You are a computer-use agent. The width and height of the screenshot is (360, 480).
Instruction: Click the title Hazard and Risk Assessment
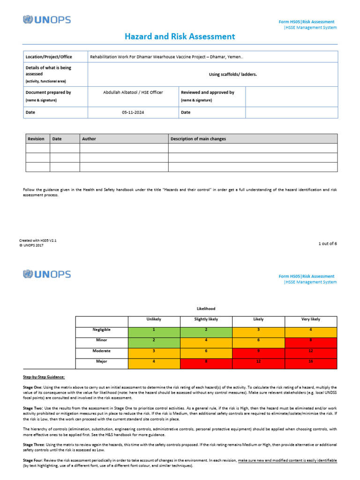coord(180,37)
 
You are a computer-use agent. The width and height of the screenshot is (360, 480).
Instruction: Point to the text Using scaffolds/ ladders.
coord(233,75)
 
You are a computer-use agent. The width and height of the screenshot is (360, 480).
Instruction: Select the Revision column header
coord(36,139)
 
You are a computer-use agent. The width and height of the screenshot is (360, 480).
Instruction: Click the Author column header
coord(89,139)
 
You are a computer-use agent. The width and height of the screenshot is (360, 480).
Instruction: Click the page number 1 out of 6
coord(327,243)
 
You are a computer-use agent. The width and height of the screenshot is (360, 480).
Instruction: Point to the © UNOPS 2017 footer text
coord(31,245)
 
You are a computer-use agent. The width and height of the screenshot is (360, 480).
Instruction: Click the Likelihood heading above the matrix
coord(206,308)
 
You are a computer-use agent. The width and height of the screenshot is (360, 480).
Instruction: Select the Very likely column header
coord(311,319)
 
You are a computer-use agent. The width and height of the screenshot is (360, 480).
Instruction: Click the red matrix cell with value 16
coord(311,361)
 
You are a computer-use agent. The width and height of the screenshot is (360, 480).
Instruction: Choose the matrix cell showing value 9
coord(258,351)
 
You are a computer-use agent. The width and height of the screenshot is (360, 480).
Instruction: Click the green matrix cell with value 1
coord(153,330)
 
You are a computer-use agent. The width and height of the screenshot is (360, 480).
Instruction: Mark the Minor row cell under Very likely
coord(311,340)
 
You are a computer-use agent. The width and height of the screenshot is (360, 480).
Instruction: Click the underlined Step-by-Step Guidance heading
coord(44,377)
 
